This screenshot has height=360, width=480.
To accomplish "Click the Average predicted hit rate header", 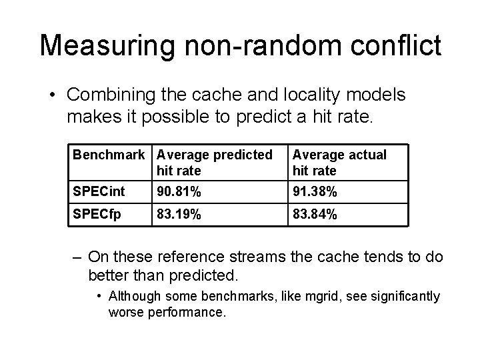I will [x=214, y=163].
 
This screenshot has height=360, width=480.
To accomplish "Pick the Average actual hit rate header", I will [x=339, y=163].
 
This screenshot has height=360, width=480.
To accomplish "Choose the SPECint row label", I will [x=99, y=192].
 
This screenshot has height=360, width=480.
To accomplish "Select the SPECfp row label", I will [x=97, y=215].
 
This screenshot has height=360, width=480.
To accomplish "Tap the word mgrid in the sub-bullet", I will [x=287, y=296].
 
